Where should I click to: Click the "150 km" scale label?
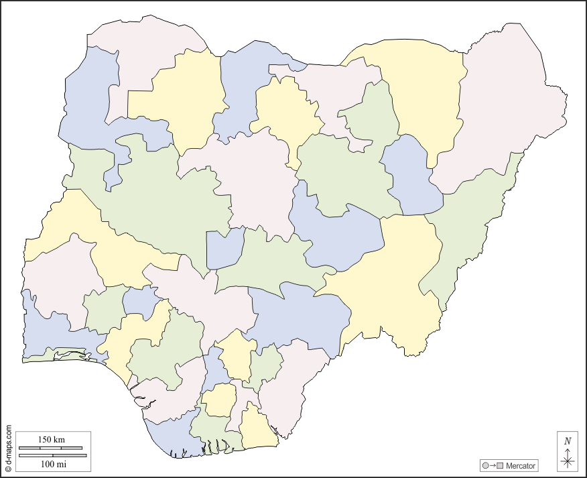coord(51,440)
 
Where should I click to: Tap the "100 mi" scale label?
coord(53,463)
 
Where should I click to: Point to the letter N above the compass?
coord(568,441)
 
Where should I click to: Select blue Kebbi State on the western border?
coord(87,107)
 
